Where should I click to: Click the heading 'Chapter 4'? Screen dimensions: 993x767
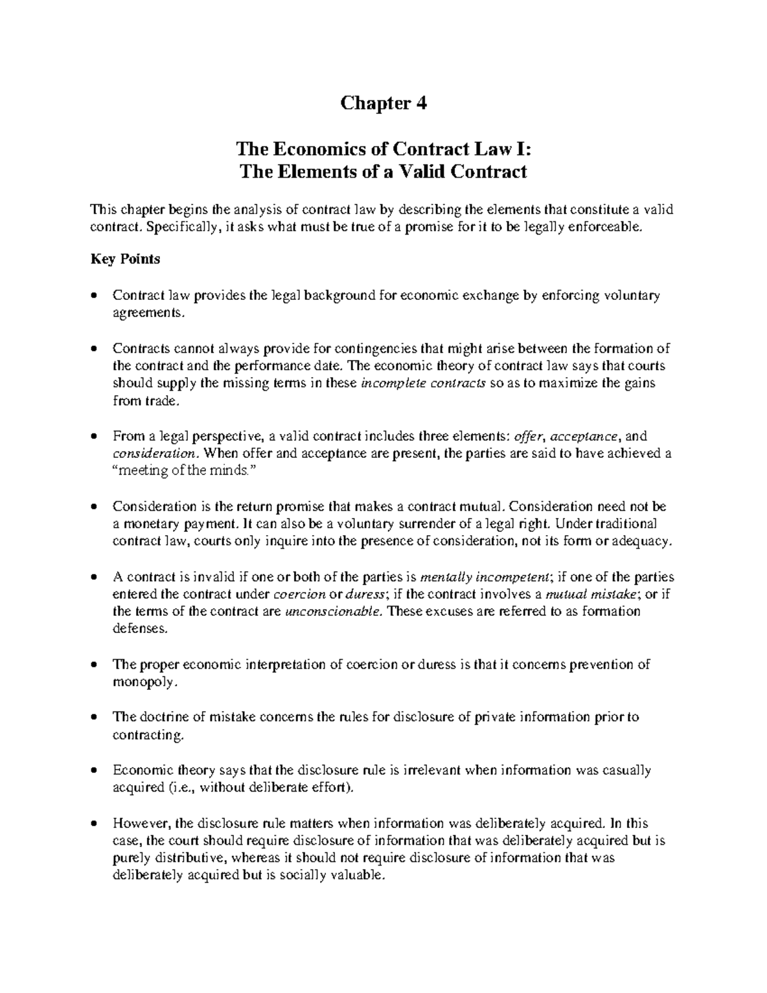pos(383,103)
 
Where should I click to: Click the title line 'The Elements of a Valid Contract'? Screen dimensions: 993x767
pos(383,171)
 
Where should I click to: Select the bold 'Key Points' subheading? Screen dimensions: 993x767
pos(125,259)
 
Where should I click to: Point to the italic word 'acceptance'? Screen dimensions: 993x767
pos(584,437)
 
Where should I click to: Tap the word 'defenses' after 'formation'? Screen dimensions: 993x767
pos(140,629)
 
